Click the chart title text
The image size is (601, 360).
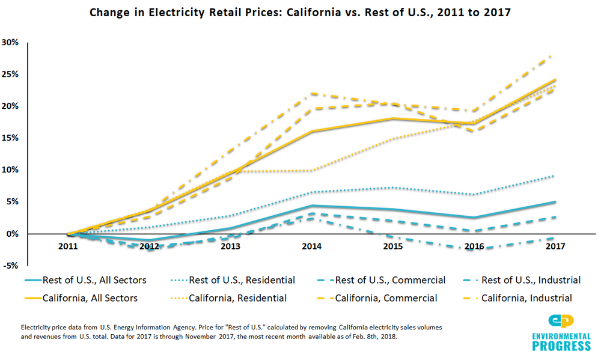click(x=300, y=12)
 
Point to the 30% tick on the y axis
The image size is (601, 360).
click(x=10, y=42)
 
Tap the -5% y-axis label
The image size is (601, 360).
click(x=10, y=265)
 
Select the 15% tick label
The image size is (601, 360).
click(x=10, y=138)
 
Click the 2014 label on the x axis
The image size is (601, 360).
click(x=311, y=246)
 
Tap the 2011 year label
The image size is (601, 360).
click(x=68, y=246)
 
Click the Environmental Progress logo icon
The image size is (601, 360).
click(x=561, y=322)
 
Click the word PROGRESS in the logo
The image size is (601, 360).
click(x=561, y=346)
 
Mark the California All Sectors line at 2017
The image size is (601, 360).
click(x=554, y=80)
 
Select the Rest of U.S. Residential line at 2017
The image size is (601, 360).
click(x=554, y=176)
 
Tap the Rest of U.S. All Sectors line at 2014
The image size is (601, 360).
click(x=311, y=206)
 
